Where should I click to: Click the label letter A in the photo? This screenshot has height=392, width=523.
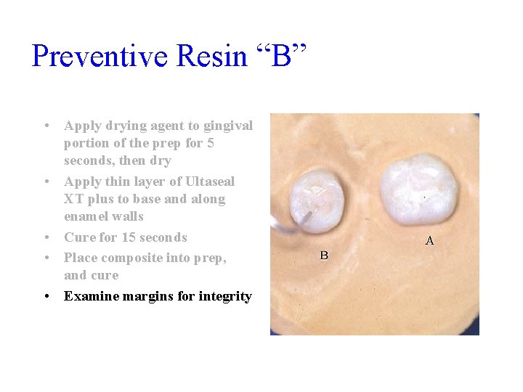tap(429, 241)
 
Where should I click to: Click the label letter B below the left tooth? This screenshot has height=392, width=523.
tap(324, 255)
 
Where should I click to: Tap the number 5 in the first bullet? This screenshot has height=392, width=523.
tap(210, 143)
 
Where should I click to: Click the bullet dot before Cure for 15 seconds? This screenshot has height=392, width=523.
tap(46, 237)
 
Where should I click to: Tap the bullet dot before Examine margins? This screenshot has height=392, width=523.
tap(46, 296)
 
